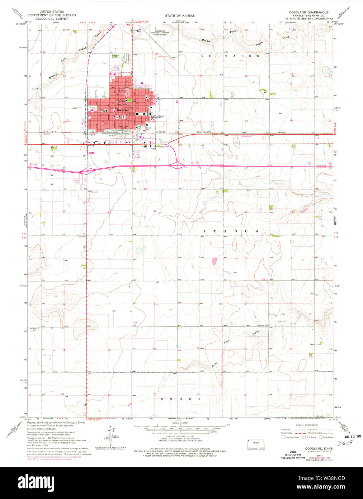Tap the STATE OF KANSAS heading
[x=180, y=16]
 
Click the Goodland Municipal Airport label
[x=160, y=33]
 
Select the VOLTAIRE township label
[x=230, y=56]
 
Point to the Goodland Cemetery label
[x=115, y=56]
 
